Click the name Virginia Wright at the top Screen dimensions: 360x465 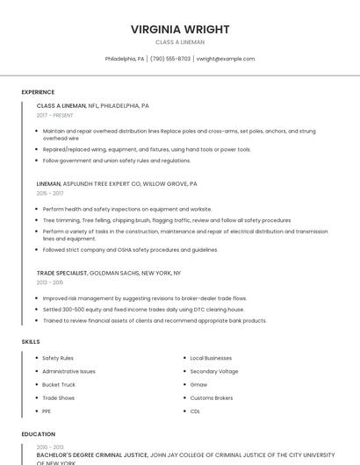point(180,29)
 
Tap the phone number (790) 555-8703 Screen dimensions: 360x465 point(170,59)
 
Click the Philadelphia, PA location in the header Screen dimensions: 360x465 point(125,59)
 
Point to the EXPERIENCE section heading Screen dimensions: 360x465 point(38,92)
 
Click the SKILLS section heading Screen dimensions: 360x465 point(31,341)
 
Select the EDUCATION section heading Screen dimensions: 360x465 point(38,434)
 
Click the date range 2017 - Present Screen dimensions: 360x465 point(55,115)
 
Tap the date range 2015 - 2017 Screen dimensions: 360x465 point(50,193)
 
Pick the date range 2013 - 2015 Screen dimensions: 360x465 point(50,283)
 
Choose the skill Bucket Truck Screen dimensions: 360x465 point(59,384)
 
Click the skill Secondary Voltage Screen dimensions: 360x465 point(213,371)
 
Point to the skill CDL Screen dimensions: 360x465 point(195,411)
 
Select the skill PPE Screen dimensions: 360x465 point(47,411)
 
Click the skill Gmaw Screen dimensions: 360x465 point(198,384)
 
